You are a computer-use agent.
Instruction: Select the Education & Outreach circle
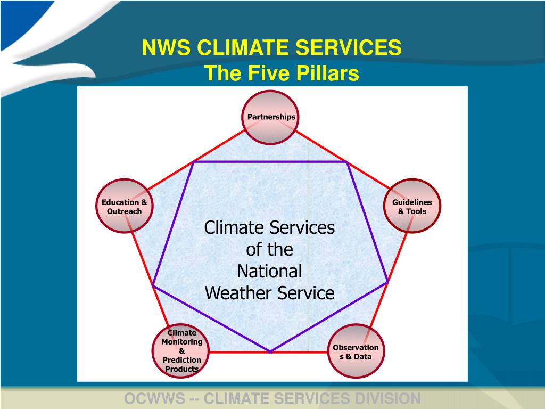[125, 206]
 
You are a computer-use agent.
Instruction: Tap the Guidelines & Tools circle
[412, 206]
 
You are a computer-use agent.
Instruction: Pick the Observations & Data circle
[356, 351]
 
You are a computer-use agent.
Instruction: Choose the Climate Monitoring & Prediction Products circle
[182, 351]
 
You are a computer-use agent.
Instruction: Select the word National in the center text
[269, 271]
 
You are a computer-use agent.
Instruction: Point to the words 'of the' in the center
[269, 249]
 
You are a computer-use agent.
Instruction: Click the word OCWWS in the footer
[153, 398]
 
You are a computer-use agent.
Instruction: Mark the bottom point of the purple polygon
[270, 351]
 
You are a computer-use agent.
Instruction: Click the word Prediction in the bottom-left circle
[182, 360]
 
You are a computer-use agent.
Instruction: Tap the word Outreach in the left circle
[125, 211]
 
